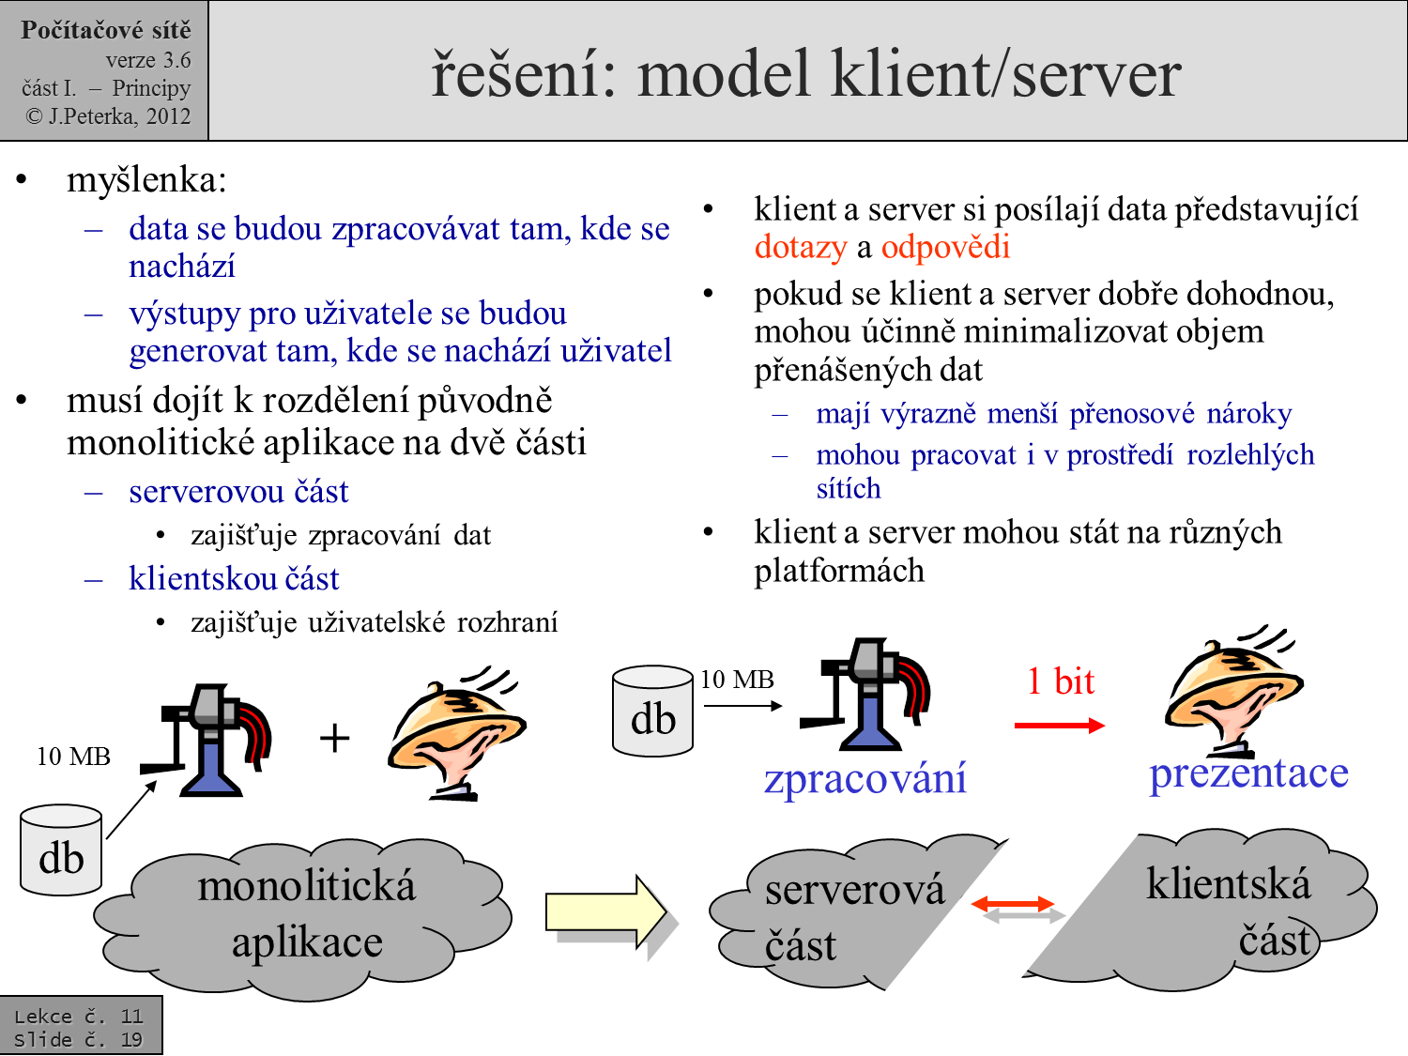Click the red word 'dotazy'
click(800, 247)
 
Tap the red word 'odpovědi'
click(945, 247)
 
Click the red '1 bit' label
click(1061, 681)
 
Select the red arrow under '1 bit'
click(1059, 725)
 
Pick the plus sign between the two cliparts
click(334, 738)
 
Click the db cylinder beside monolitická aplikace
click(61, 849)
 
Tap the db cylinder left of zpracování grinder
click(652, 712)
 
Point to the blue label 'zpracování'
click(865, 778)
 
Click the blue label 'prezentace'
click(1248, 773)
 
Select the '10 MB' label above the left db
click(73, 757)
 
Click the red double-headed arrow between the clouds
click(1013, 904)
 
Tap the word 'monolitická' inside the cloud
click(306, 886)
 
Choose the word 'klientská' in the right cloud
click(1228, 884)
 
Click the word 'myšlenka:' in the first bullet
click(146, 180)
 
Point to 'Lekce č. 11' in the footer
click(78, 1016)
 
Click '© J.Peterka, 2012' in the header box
click(108, 116)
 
